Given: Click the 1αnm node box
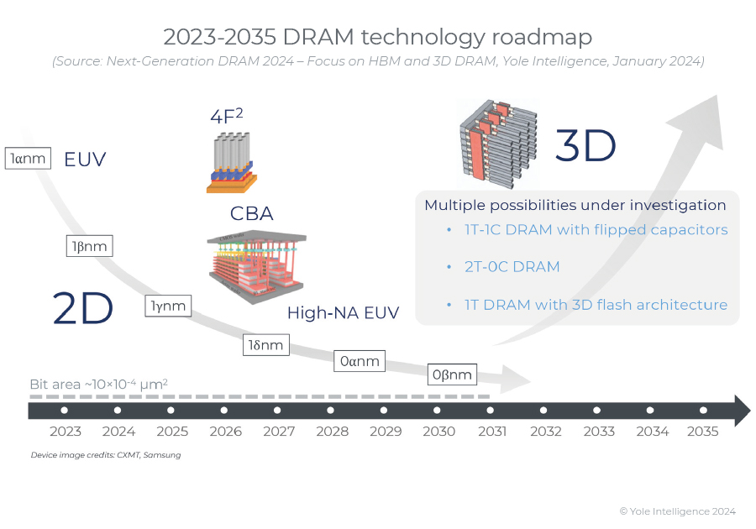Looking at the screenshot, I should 29,158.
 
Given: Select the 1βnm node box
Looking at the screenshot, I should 88,246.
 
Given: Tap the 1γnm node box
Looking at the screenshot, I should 168,306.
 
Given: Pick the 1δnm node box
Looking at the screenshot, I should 265,344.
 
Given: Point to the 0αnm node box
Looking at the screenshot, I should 360,362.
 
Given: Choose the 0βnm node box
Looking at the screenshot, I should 453,374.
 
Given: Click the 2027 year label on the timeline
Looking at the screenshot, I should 279,432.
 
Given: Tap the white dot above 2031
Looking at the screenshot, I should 491,411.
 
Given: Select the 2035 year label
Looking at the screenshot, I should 703,432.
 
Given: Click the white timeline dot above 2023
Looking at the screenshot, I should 65,411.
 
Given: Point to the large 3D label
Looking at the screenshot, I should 585,146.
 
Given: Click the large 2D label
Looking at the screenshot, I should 82,308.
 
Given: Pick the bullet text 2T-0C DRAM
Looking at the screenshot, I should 512,267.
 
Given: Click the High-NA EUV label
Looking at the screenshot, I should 343,313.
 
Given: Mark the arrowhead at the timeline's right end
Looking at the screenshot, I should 741,411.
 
